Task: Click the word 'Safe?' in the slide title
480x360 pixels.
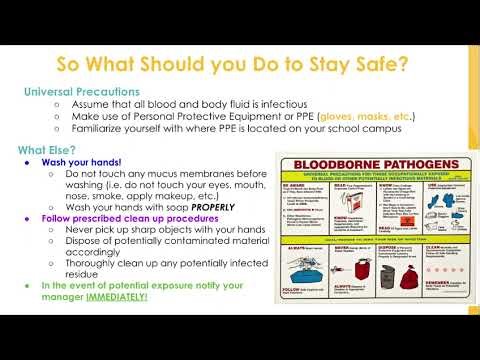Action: pos(378,66)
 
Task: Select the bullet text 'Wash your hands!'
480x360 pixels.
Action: pos(80,161)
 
